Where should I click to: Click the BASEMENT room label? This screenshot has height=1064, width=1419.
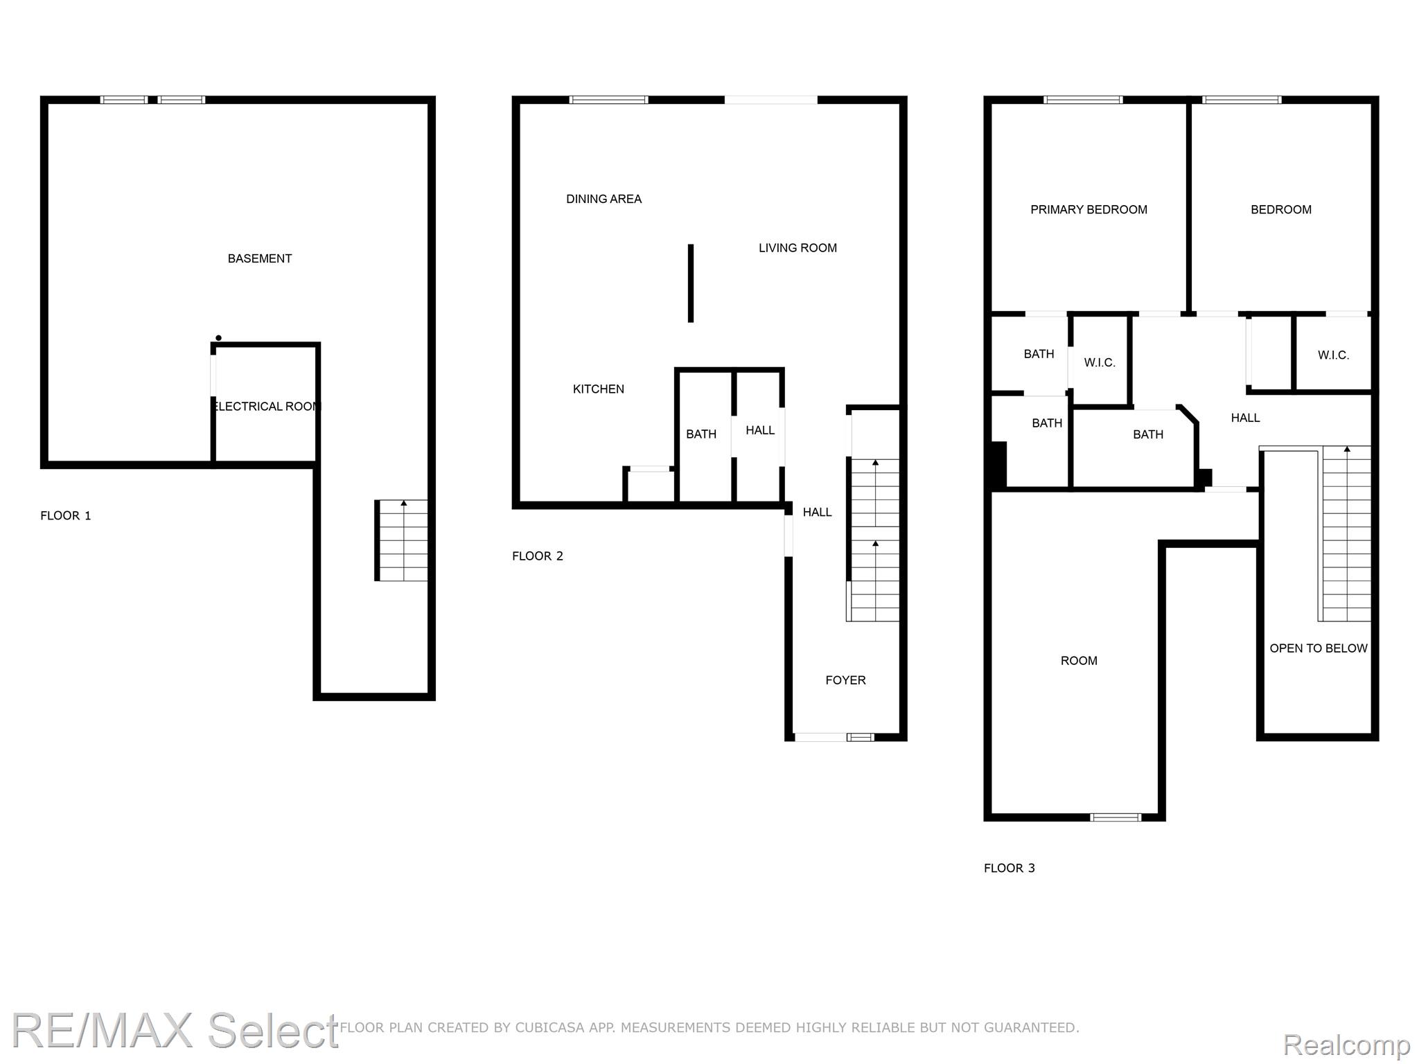pyautogui.click(x=260, y=258)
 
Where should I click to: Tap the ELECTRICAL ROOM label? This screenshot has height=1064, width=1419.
pyautogui.click(x=267, y=407)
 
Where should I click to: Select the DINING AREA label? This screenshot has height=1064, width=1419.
pyautogui.click(x=603, y=199)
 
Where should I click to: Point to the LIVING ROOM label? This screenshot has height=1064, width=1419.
pyautogui.click(x=797, y=248)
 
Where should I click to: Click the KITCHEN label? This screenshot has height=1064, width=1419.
pyautogui.click(x=599, y=389)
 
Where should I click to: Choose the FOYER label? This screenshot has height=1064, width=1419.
pyautogui.click(x=845, y=680)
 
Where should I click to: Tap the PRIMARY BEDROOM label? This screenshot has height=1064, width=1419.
pyautogui.click(x=1089, y=210)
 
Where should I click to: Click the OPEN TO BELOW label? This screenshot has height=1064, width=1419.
pyautogui.click(x=1319, y=648)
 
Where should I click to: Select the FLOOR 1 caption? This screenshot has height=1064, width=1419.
pyautogui.click(x=66, y=515)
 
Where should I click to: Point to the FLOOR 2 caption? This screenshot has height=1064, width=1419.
pyautogui.click(x=538, y=556)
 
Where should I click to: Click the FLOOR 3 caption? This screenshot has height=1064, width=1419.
pyautogui.click(x=1010, y=868)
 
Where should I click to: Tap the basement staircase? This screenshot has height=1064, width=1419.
pyautogui.click(x=401, y=540)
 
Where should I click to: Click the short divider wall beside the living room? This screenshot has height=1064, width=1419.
pyautogui.click(x=691, y=283)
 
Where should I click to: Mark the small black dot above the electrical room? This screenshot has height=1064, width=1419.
pyautogui.click(x=218, y=338)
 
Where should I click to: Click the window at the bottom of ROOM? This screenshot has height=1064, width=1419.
pyautogui.click(x=1116, y=817)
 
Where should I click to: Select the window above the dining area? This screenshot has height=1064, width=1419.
pyautogui.click(x=608, y=100)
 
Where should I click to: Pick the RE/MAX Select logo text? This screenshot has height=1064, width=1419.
pyautogui.click(x=175, y=1030)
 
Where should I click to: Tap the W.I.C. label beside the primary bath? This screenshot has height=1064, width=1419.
pyautogui.click(x=1100, y=363)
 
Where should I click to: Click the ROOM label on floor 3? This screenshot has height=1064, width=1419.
pyautogui.click(x=1079, y=661)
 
